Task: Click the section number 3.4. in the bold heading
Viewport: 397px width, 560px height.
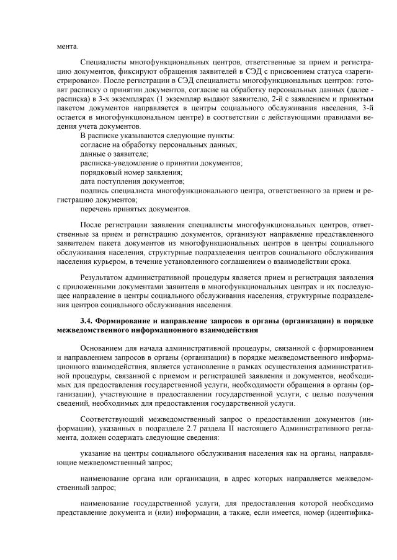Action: [86, 321]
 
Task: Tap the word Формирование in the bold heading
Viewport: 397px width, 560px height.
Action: [122, 321]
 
